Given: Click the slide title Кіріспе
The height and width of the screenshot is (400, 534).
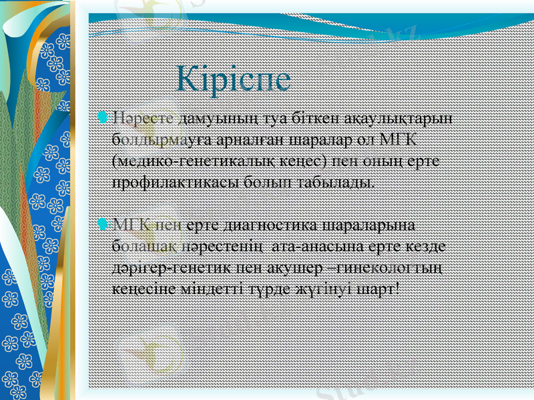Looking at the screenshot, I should pos(234,79).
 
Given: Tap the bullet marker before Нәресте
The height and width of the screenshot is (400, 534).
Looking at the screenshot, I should pos(101,118).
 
